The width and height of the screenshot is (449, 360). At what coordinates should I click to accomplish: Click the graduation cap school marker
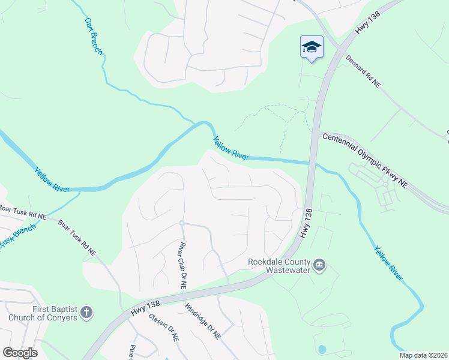pos(312,47)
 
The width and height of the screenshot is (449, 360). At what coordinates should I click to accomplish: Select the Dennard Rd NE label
pos(364,73)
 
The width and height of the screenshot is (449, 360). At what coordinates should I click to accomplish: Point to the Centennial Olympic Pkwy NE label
pos(364,161)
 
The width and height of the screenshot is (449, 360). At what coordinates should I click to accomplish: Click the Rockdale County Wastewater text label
pos(279,266)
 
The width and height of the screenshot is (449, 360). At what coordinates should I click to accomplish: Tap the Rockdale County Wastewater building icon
pos(319,265)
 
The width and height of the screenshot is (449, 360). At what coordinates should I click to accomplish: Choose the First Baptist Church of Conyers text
pos(43,313)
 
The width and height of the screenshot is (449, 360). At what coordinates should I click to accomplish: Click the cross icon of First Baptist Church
pos(87,313)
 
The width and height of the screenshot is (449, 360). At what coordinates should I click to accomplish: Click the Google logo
pos(20,352)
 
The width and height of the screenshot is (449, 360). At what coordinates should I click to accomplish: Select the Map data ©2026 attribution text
pos(424,355)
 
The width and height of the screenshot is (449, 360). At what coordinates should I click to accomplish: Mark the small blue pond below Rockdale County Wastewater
pos(322,349)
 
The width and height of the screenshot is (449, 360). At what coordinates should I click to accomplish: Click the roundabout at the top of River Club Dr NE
pos(181,223)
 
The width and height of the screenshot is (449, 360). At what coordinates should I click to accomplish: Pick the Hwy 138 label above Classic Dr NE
pos(144,308)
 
